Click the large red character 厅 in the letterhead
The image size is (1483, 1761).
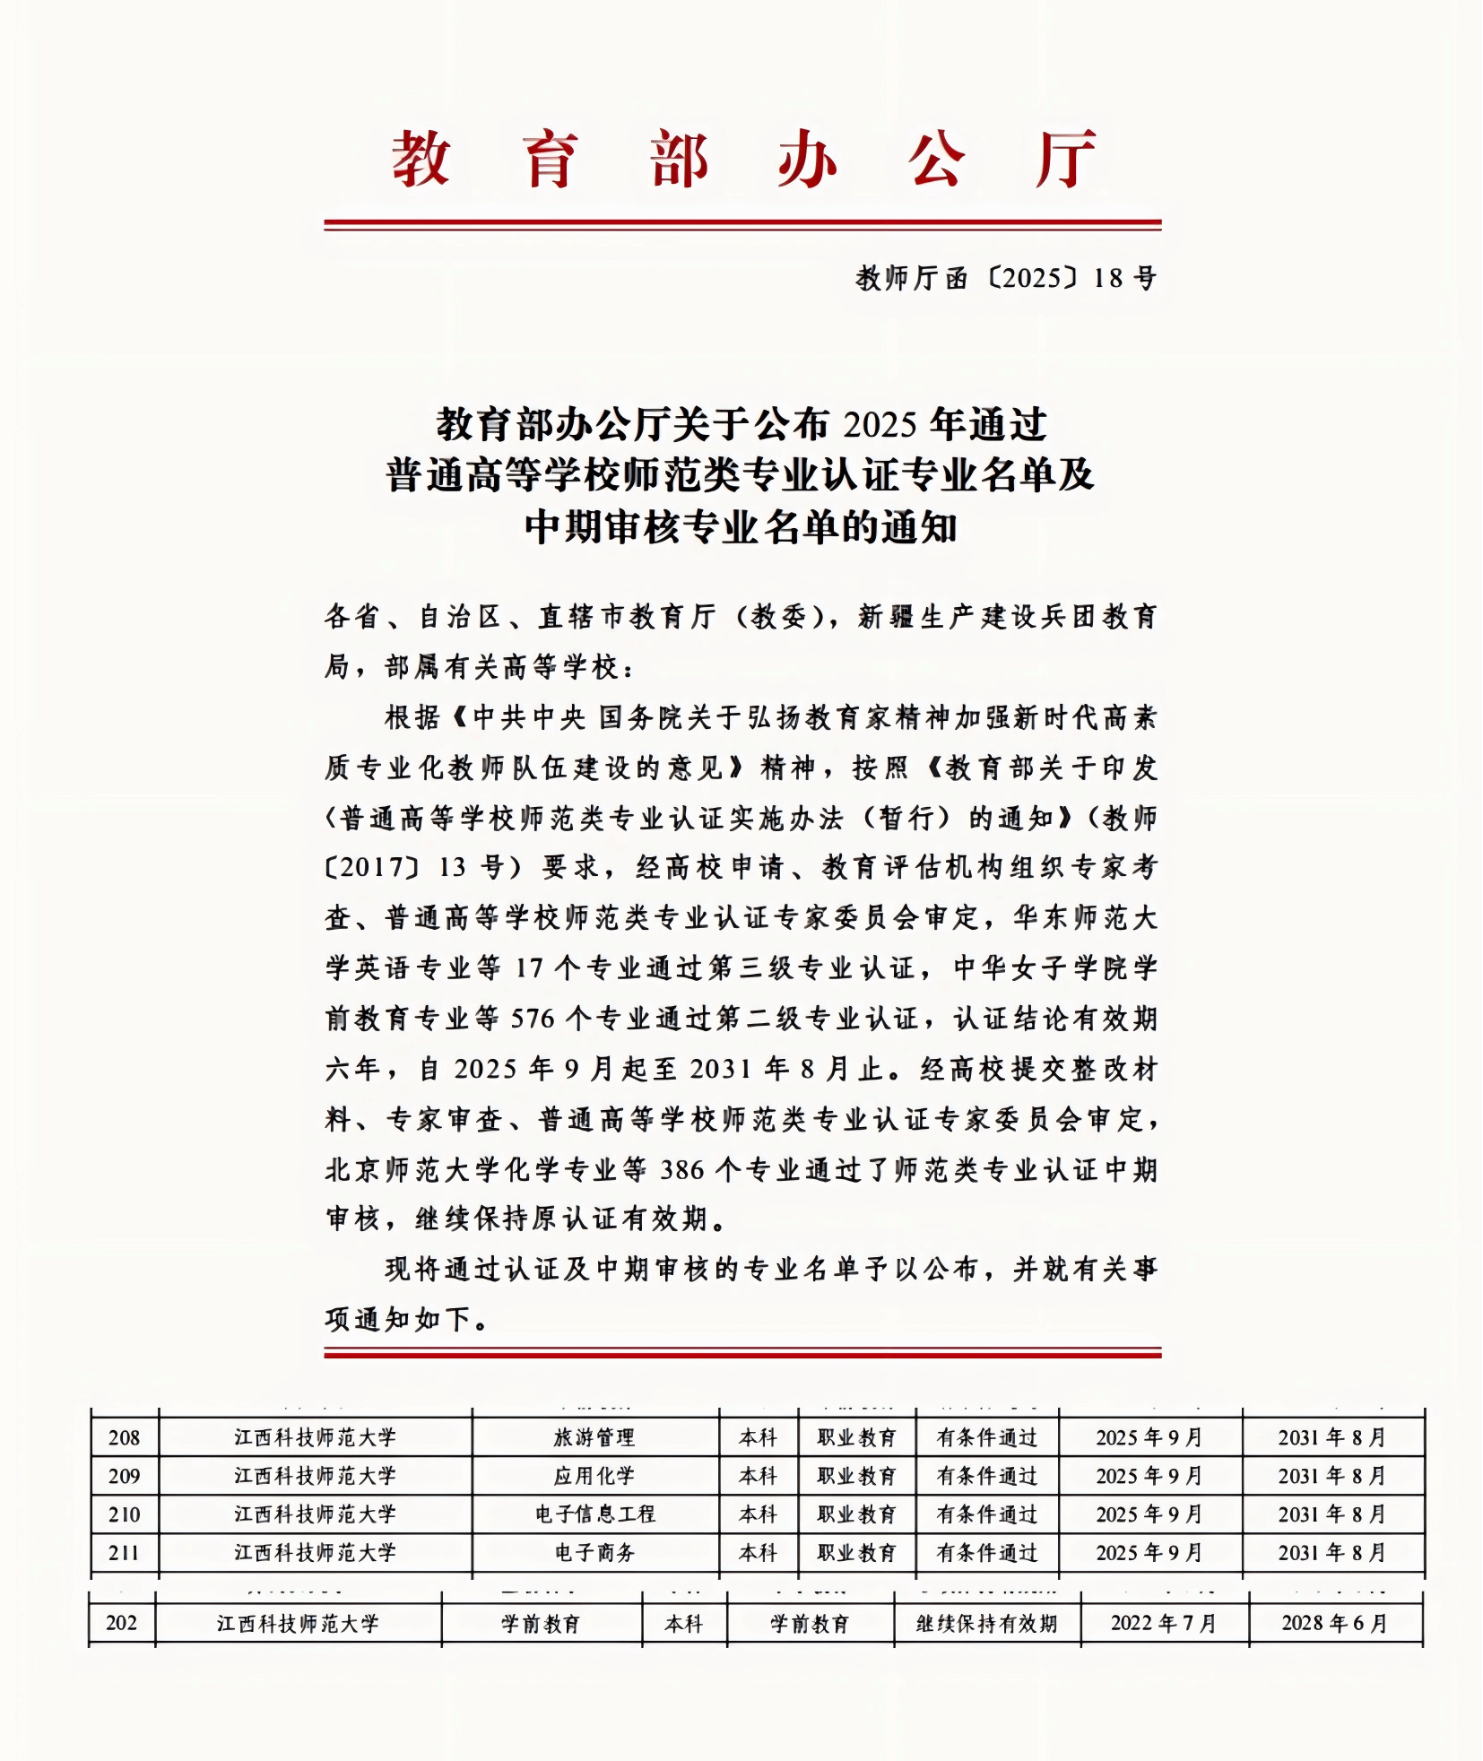tap(1065, 159)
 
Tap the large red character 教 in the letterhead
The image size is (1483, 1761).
tap(420, 159)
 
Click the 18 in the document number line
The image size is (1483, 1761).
tap(1108, 278)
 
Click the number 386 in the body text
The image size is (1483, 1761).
tap(682, 1169)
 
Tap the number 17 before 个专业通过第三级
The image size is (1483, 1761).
tap(529, 968)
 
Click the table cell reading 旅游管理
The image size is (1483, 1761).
tap(594, 1437)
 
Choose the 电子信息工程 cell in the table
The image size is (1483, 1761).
tap(595, 1514)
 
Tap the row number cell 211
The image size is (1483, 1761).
tap(124, 1553)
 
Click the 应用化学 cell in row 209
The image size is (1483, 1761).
tap(594, 1476)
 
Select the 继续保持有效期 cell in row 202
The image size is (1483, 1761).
tap(986, 1624)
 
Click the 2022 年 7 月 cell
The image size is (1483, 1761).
tap(1163, 1624)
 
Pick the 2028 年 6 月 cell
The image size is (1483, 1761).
tap(1334, 1624)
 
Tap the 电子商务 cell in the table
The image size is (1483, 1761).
tap(594, 1553)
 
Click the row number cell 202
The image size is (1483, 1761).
tap(122, 1624)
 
